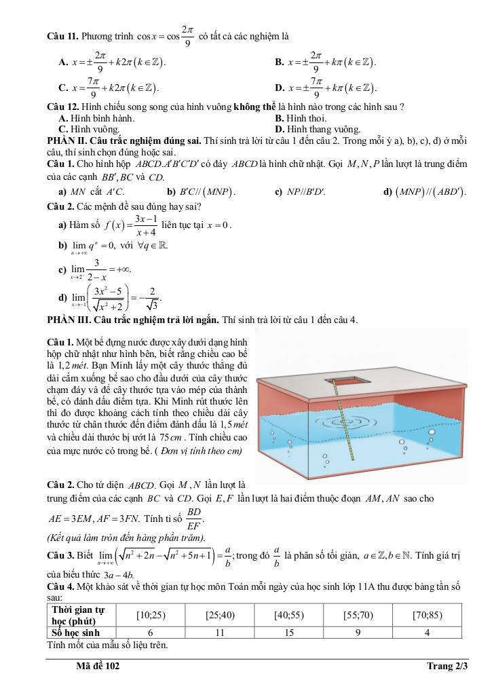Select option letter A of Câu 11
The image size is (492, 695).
62,62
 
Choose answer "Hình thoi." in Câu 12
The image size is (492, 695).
306,118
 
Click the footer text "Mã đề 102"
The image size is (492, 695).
98,666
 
